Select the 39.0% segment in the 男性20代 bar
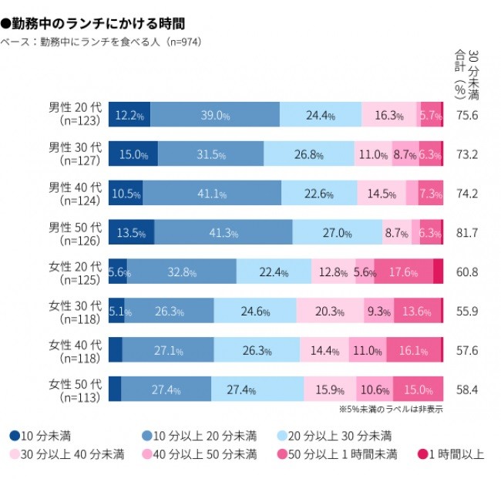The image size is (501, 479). pyautogui.click(x=215, y=115)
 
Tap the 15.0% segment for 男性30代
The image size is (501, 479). pyautogui.click(x=133, y=154)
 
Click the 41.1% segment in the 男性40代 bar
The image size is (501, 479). pyautogui.click(x=210, y=194)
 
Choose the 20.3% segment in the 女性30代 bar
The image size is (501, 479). pyautogui.click(x=329, y=311)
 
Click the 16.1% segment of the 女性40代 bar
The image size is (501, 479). pyautogui.click(x=413, y=350)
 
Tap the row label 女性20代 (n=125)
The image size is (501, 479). pyautogui.click(x=75, y=272)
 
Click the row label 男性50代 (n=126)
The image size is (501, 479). pyautogui.click(x=75, y=233)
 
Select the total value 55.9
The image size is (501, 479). pyautogui.click(x=466, y=311)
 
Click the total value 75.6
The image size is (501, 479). pyautogui.click(x=466, y=115)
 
